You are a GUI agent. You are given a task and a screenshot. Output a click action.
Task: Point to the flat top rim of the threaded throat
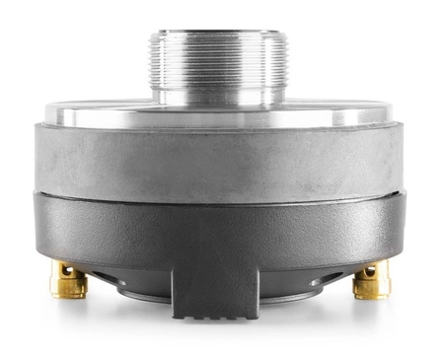click(218, 33)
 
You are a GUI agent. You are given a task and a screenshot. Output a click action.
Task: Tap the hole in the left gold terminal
click(66, 270)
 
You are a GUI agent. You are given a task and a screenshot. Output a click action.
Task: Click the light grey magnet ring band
click(218, 158)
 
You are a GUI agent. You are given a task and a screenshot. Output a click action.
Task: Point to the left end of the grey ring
click(41, 158)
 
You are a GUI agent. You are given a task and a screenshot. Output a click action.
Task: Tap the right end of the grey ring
click(397, 158)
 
